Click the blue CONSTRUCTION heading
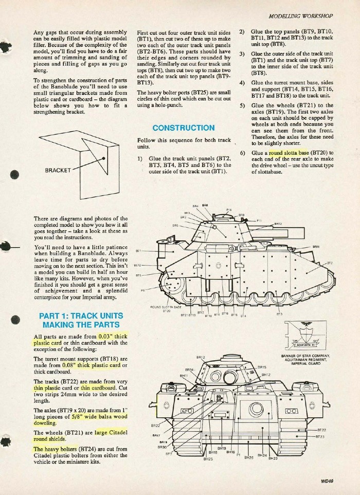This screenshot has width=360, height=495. tap(176, 127)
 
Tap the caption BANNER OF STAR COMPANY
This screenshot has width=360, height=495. tap(305, 355)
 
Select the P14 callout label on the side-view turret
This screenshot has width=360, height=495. tap(229, 210)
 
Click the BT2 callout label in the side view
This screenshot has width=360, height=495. tap(329, 263)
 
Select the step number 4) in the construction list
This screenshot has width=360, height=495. tap(242, 83)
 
